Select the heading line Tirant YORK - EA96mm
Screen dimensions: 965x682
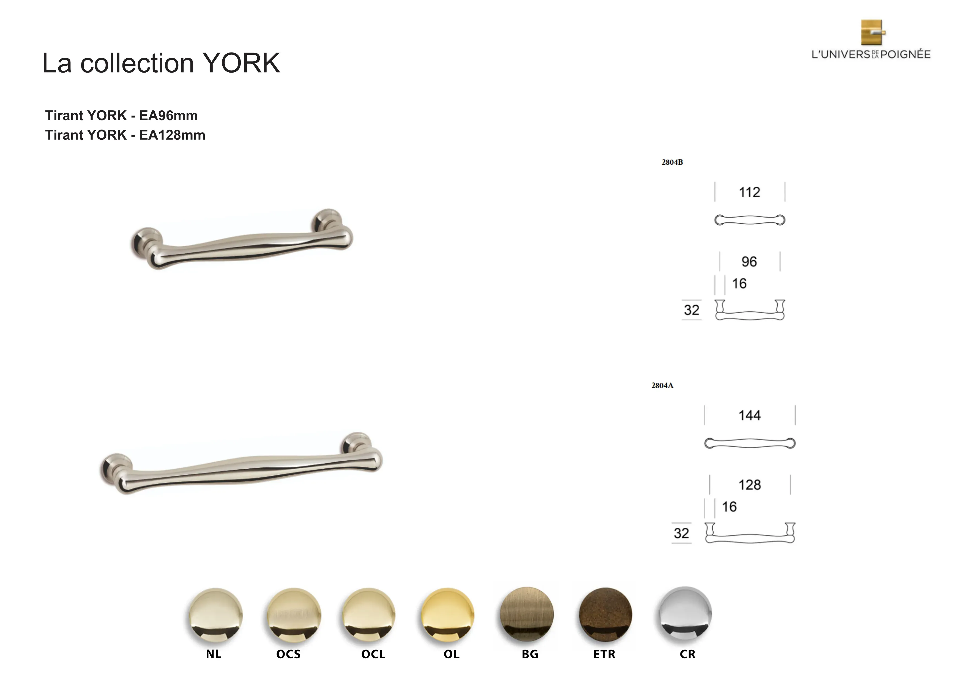click(x=121, y=116)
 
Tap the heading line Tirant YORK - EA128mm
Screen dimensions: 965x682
click(x=125, y=135)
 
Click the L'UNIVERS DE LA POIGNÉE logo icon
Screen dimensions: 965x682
click(x=873, y=32)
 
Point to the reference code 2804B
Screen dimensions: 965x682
click(x=672, y=162)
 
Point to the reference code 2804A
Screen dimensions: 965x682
click(x=662, y=386)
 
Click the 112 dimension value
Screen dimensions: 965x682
click(x=749, y=192)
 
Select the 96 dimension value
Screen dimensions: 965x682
click(x=749, y=262)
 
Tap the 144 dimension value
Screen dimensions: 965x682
click(x=749, y=415)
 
